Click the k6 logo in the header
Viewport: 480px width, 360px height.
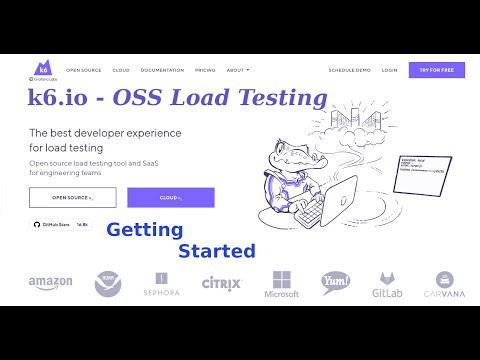pyautogui.click(x=42, y=69)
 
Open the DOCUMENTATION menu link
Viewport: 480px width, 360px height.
pyautogui.click(x=162, y=70)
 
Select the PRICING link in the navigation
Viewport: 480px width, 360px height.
pyautogui.click(x=205, y=70)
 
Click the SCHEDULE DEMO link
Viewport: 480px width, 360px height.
pyautogui.click(x=350, y=70)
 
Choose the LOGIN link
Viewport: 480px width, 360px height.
pyautogui.click(x=389, y=70)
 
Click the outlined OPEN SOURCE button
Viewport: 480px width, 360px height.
pyautogui.click(x=72, y=197)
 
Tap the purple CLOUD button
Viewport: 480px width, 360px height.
pyautogui.click(x=170, y=197)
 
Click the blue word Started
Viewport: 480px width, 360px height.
pyautogui.click(x=216, y=250)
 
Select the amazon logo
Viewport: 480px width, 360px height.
pyautogui.click(x=50, y=283)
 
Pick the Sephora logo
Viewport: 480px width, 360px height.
pyautogui.click(x=161, y=285)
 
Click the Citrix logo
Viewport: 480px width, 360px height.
pyautogui.click(x=221, y=284)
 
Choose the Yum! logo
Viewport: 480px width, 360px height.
pyautogui.click(x=335, y=283)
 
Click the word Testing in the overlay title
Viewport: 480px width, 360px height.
pyautogui.click(x=281, y=98)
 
